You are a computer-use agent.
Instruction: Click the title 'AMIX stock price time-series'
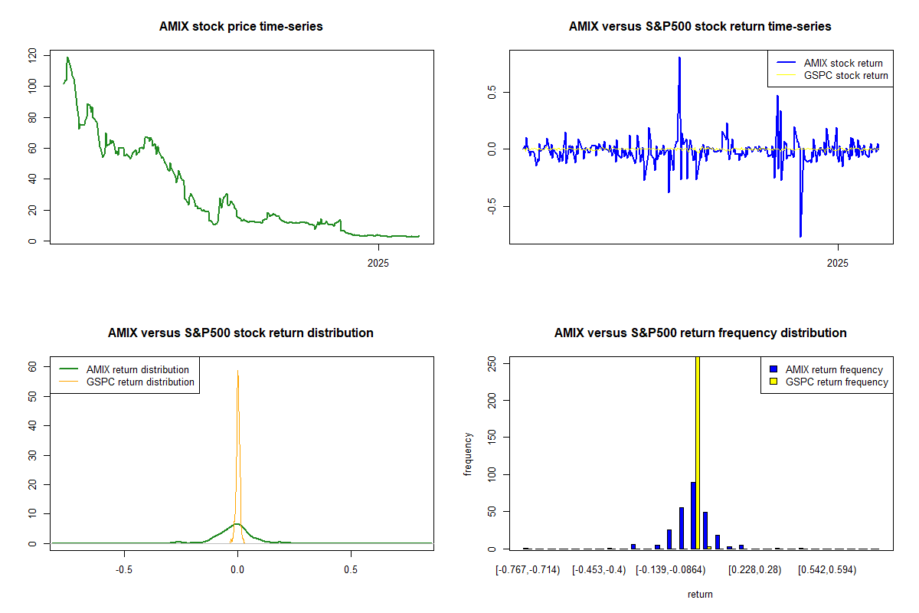click(240, 27)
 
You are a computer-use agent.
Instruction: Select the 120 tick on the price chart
click(32, 54)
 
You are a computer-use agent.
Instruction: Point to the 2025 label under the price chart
click(378, 264)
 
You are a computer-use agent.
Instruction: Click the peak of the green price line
click(67, 57)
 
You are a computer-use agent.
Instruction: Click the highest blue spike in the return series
click(679, 57)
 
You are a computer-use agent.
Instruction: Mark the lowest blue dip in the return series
click(800, 236)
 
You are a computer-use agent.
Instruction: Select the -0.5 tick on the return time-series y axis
click(492, 206)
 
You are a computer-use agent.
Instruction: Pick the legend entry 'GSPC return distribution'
click(140, 382)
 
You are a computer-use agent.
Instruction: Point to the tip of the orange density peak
click(237, 371)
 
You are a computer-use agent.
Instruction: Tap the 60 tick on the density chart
click(32, 367)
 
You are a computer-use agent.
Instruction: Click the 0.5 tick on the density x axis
click(351, 570)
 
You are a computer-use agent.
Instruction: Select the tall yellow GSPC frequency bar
click(698, 452)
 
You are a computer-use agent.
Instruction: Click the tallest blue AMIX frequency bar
click(693, 515)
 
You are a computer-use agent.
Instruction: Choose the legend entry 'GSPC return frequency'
click(836, 382)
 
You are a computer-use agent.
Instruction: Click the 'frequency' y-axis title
click(468, 454)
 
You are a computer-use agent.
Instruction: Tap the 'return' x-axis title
click(700, 594)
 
